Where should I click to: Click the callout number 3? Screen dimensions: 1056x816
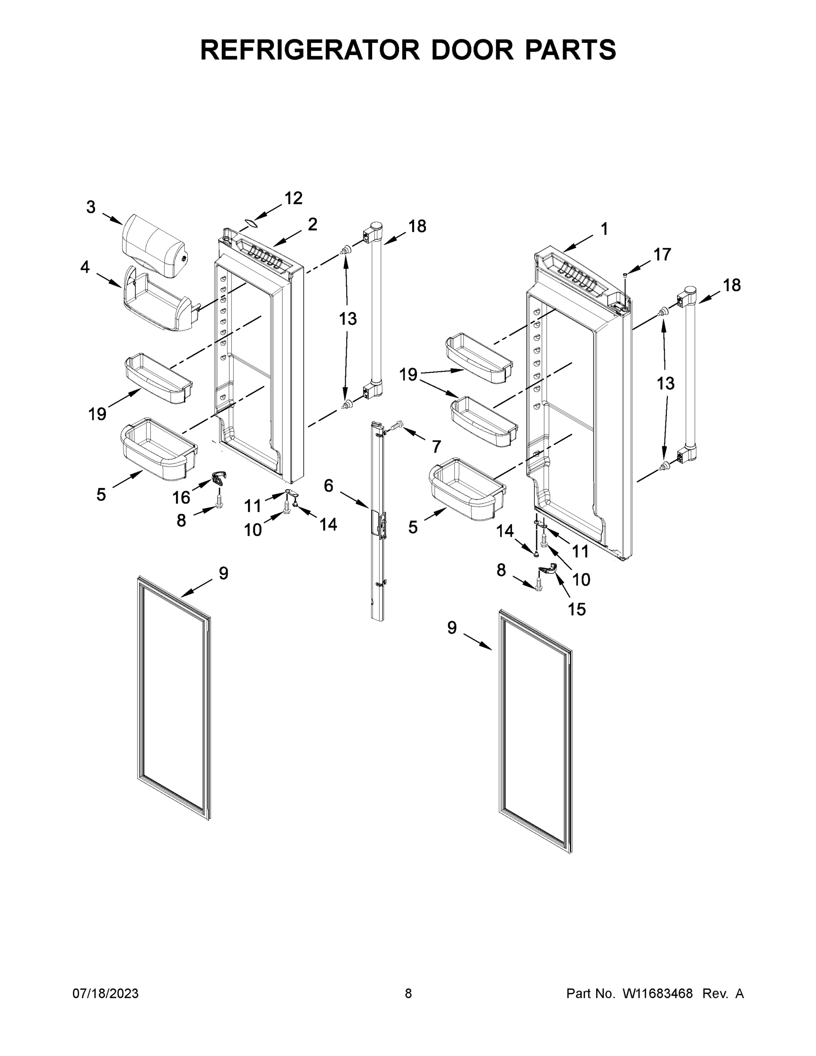point(91,207)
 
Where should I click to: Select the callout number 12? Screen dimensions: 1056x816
point(293,198)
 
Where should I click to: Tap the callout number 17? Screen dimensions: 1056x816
point(662,254)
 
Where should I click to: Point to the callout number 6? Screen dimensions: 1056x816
point(329,485)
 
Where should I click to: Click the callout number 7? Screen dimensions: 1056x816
point(436,446)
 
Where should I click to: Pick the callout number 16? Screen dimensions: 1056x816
point(181,498)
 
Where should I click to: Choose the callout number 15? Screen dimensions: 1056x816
point(577,609)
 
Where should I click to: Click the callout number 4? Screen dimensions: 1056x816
point(85,266)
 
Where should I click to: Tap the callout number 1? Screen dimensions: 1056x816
point(604,229)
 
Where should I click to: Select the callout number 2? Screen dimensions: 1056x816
point(312,224)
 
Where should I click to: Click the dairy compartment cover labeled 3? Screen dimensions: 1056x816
point(155,246)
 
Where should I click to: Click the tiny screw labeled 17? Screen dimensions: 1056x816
point(625,275)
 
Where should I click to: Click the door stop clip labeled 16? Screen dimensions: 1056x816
point(220,480)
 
